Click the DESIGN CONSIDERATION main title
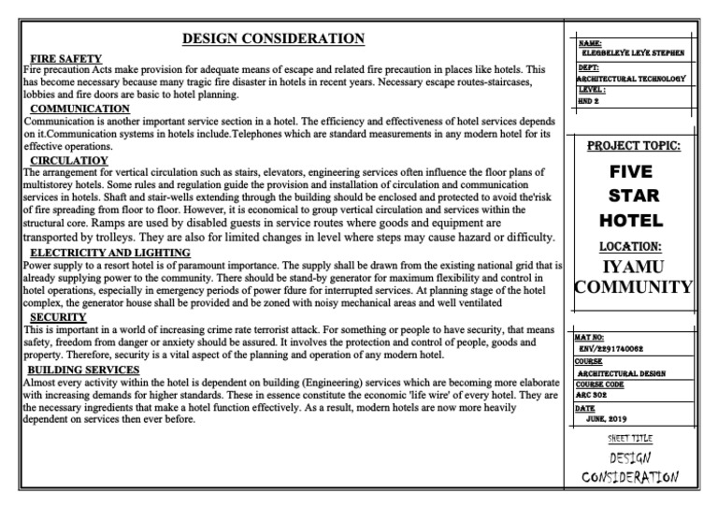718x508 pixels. pos(273,38)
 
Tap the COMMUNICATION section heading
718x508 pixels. pos(80,109)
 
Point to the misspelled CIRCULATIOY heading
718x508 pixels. pos(67,161)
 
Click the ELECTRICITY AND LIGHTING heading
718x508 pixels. pos(110,253)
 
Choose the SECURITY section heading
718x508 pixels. pos(59,317)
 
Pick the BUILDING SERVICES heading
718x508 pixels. pos(83,370)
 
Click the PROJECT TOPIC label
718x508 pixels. pos(634,147)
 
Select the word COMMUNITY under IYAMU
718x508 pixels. pos(634,286)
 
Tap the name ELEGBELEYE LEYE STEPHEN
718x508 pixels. pos(633,53)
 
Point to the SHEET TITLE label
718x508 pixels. pos(630,439)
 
